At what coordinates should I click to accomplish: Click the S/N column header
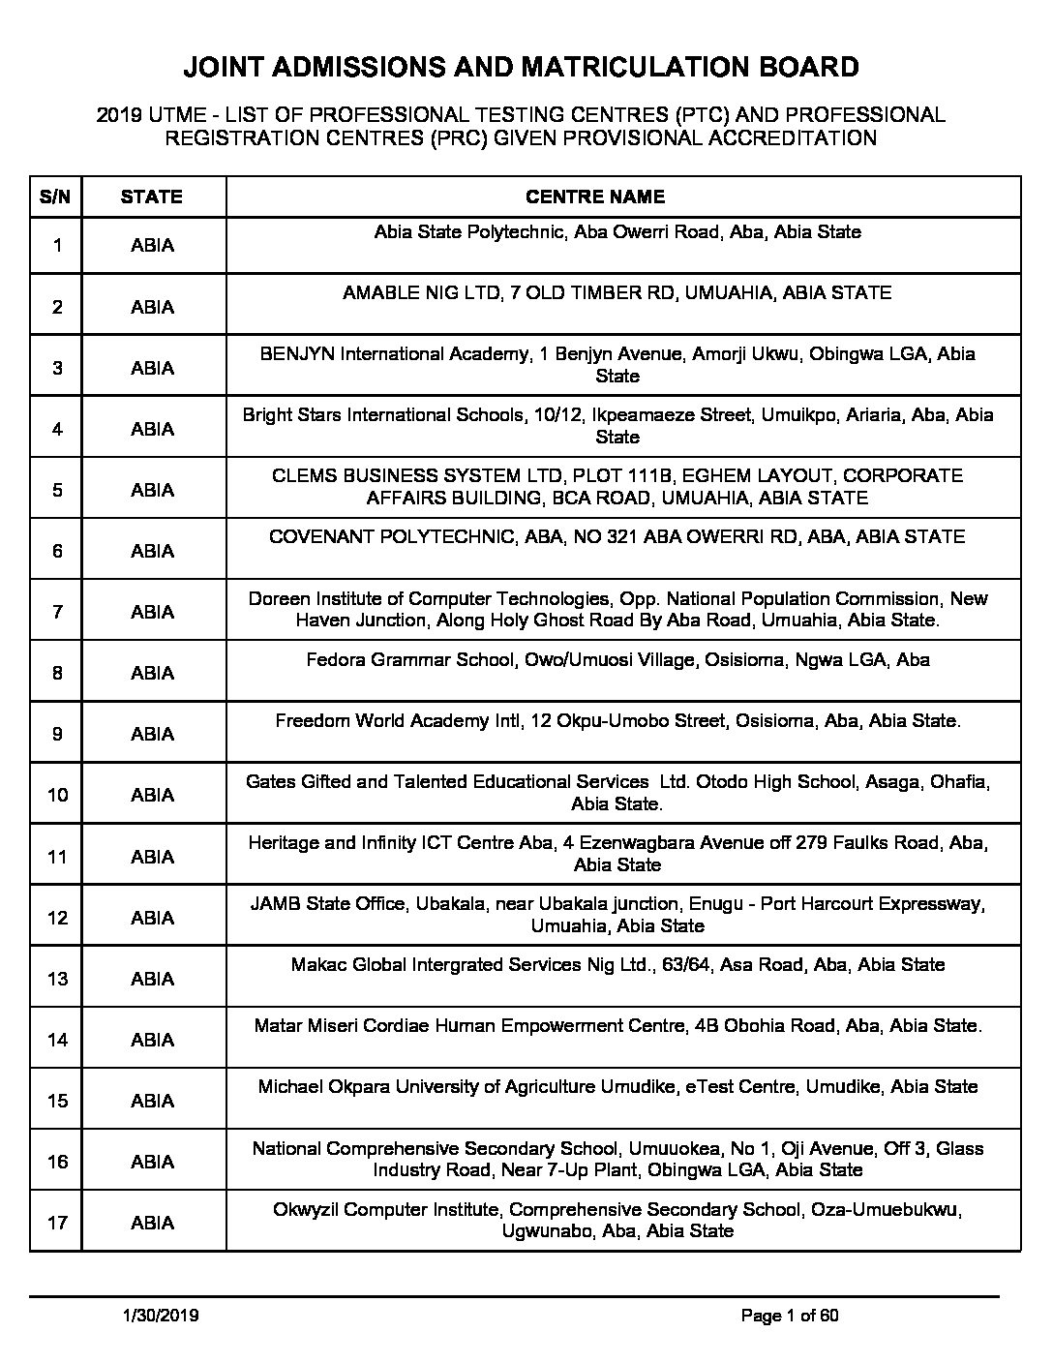click(55, 197)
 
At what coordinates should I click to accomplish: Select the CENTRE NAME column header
click(595, 197)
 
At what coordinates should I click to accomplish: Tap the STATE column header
click(152, 197)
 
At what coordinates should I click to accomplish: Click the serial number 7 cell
click(57, 612)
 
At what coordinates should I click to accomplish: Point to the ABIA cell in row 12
click(152, 918)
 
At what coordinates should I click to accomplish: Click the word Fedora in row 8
click(335, 660)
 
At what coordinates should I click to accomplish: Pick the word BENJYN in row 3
click(297, 353)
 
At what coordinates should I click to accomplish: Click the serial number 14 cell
click(57, 1040)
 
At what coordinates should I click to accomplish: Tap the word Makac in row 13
click(316, 964)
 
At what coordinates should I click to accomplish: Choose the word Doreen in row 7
click(277, 598)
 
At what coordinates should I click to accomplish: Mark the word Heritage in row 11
click(284, 842)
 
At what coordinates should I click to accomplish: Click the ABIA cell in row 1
click(152, 245)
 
